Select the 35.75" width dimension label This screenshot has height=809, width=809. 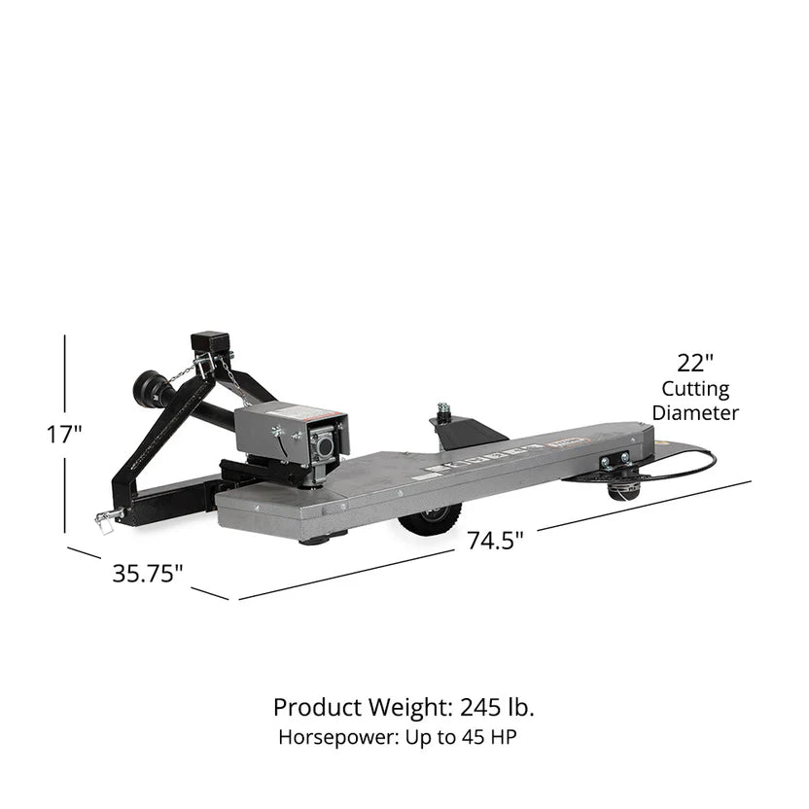(148, 574)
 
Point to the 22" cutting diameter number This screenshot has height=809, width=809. (695, 364)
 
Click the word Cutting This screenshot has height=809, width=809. (695, 389)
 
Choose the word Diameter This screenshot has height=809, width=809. (695, 412)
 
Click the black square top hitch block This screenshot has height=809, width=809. (209, 345)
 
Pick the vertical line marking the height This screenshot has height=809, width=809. (65, 389)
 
